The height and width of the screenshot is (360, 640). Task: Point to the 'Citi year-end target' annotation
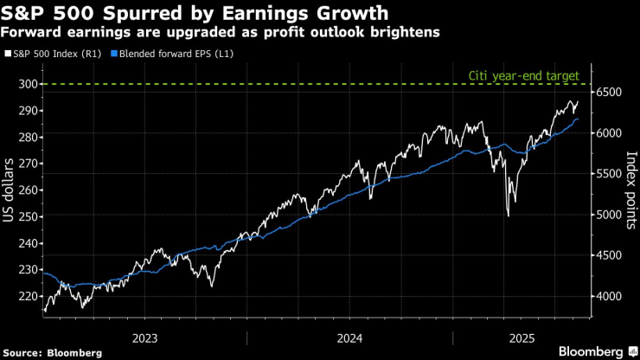coord(523,75)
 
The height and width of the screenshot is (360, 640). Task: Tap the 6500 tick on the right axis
coord(610,92)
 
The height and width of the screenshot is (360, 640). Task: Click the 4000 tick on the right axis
coord(610,296)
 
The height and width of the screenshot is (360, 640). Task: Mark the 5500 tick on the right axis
coord(610,173)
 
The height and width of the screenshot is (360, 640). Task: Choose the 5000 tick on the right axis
coord(610,215)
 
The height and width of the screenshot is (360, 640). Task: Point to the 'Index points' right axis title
coord(630,190)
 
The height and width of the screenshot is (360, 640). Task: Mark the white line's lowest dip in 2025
coord(508,215)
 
